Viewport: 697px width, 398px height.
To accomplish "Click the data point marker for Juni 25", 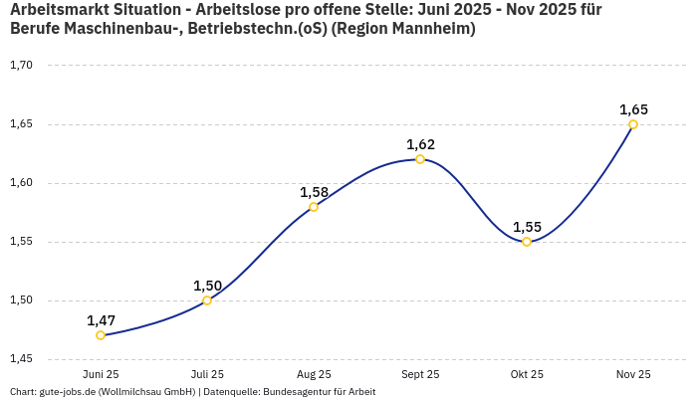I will [x=101, y=335].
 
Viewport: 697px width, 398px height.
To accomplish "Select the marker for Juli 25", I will [x=207, y=300].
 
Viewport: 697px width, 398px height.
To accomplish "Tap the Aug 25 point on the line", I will [x=314, y=207].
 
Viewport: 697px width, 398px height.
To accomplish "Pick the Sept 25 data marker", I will [x=420, y=159].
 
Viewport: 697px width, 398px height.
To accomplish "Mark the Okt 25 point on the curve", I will [x=527, y=242].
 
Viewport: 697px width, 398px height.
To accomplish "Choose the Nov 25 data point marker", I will [x=633, y=124].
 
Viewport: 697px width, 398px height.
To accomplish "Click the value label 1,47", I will [x=101, y=320].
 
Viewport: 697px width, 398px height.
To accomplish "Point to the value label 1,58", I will [x=314, y=192].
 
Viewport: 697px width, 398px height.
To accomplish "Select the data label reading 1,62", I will [x=420, y=144].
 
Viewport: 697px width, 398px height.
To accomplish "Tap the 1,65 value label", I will [x=633, y=109].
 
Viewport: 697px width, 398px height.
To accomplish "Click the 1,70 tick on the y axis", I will [x=21, y=66].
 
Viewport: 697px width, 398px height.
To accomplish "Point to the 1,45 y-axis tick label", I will [x=21, y=359].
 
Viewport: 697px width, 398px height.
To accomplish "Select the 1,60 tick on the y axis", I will [x=21, y=183].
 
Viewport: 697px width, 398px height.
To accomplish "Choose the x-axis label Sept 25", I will [x=420, y=374].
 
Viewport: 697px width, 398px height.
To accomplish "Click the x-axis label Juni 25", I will [x=101, y=374].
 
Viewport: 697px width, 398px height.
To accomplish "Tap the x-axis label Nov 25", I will [x=633, y=374].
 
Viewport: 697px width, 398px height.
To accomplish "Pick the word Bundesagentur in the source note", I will [x=292, y=392].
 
